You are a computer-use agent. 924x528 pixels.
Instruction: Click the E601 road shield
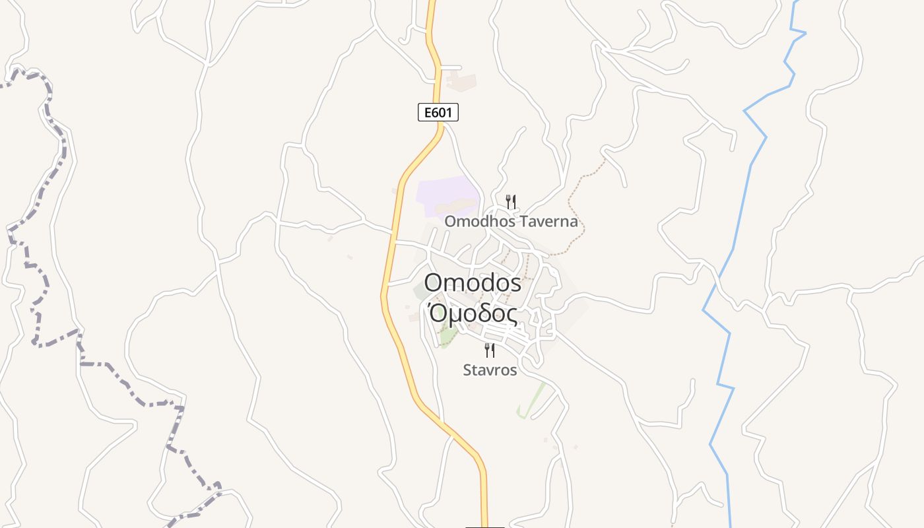click(x=438, y=113)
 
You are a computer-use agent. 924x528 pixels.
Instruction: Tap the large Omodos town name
click(x=473, y=283)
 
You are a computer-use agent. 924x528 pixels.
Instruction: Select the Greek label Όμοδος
click(x=473, y=314)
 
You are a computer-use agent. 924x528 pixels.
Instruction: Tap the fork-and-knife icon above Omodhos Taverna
click(x=510, y=201)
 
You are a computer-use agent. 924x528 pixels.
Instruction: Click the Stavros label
click(x=490, y=370)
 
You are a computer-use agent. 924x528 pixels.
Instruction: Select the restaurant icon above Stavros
click(x=490, y=350)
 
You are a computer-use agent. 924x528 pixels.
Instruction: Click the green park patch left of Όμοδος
click(x=448, y=337)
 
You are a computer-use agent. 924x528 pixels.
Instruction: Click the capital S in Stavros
click(x=467, y=370)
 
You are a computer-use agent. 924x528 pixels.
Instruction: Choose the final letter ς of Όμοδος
click(x=511, y=316)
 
